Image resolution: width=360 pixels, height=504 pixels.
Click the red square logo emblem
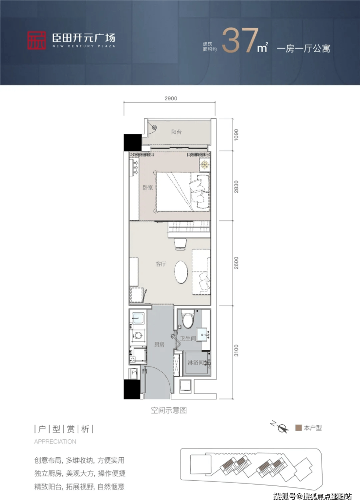coord(36,40)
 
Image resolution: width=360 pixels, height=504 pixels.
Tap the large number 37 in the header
coord(240,40)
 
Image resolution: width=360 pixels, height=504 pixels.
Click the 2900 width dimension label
coord(171,98)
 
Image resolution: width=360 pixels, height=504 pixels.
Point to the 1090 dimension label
coord(236,135)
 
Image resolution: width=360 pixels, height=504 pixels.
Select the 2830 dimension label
coord(236,186)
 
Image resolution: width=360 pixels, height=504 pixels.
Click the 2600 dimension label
coord(236,263)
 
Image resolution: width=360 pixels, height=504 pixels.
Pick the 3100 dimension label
coord(236,350)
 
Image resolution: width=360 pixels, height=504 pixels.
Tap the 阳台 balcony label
coord(176,132)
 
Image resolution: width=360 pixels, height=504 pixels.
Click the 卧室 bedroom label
coord(148,187)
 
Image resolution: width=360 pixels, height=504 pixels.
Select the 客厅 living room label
coord(161,264)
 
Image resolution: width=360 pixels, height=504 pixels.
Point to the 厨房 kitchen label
coord(159,344)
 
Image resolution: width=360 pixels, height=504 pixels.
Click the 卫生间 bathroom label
coord(188,338)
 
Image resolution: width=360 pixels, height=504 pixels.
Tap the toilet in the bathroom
coord(187,318)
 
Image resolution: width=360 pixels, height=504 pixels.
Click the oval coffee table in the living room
coord(181,271)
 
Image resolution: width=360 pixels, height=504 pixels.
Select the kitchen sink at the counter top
coord(138,318)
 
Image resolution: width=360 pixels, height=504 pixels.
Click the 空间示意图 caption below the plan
coord(169,410)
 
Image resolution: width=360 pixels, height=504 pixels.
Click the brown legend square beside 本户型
coord(298,428)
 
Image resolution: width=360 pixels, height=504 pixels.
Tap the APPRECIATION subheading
coord(55,442)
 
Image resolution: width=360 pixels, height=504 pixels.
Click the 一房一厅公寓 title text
coord(304,49)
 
